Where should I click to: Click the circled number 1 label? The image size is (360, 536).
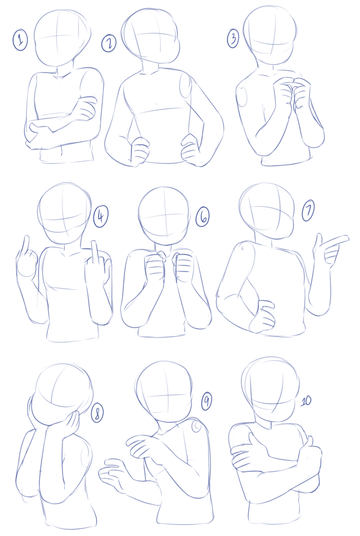(x=20, y=40)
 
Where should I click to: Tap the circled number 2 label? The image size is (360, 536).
(x=109, y=44)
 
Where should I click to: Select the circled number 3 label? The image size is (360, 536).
(x=233, y=39)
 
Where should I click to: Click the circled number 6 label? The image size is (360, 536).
(x=203, y=216)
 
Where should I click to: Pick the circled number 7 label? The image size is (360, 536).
(x=308, y=211)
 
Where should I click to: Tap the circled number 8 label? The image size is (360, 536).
(x=97, y=413)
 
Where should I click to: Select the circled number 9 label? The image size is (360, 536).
(x=206, y=401)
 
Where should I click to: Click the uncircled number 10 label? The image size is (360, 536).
(x=306, y=400)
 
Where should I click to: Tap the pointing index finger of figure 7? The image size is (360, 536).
(x=336, y=240)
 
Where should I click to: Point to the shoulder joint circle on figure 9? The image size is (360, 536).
(x=197, y=426)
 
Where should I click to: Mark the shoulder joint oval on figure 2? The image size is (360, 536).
(x=185, y=86)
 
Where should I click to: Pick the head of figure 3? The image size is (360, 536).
(x=270, y=35)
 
